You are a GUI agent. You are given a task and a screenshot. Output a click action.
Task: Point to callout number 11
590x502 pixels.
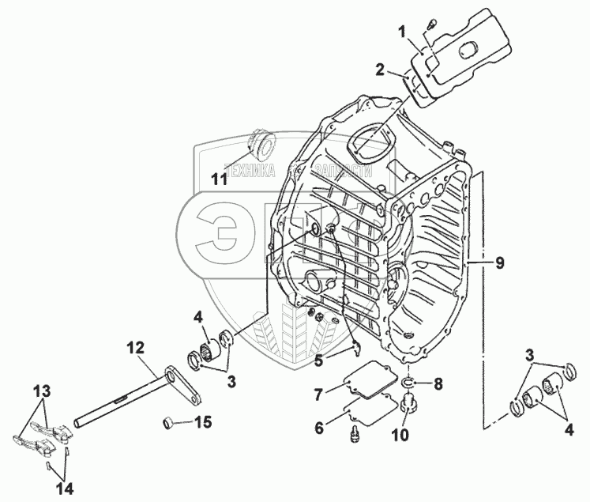coord(219,179)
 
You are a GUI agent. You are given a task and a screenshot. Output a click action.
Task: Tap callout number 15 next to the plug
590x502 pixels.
coord(203,422)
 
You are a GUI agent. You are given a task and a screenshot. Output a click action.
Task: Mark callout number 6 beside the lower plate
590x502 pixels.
coord(320,428)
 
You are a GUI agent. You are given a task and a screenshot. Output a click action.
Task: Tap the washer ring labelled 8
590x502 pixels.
coord(408,383)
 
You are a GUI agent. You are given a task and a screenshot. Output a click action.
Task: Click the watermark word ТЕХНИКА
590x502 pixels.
coord(250,172)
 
